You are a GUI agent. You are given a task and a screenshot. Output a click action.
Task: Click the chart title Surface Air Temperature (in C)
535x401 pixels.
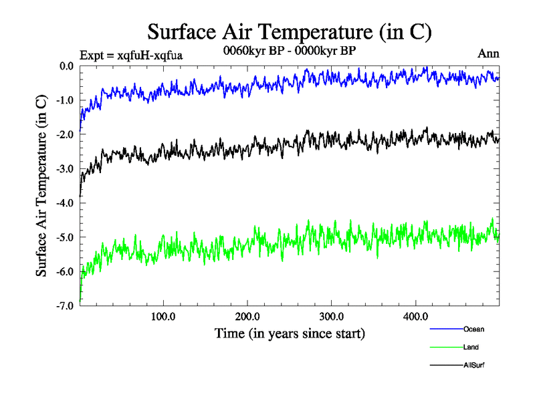[289, 31]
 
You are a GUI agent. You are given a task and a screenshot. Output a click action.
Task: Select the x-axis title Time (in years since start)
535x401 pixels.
[290, 332]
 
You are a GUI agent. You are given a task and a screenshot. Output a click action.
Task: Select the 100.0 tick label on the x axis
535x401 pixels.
[163, 316]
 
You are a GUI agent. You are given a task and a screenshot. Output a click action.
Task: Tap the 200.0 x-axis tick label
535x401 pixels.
[247, 316]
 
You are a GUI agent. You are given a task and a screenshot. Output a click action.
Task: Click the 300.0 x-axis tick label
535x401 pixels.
[332, 316]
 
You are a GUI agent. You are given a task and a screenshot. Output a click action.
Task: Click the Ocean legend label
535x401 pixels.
[473, 329]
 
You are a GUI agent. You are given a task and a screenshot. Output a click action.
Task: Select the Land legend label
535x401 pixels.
[471, 348]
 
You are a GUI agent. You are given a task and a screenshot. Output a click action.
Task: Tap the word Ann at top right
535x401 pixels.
[488, 53]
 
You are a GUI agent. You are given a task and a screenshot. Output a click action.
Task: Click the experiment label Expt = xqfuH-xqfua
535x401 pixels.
[131, 55]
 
